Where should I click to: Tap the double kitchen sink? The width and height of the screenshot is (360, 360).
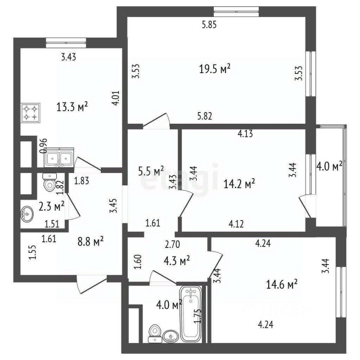pyautogui.click(x=60, y=157)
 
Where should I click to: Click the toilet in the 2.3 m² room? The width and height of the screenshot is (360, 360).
pyautogui.click(x=49, y=182)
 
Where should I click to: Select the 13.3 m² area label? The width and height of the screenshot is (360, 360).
pyautogui.click(x=72, y=107)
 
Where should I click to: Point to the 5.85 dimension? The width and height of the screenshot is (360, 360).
pyautogui.click(x=210, y=25)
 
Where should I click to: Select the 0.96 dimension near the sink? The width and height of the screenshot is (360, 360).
pyautogui.click(x=43, y=145)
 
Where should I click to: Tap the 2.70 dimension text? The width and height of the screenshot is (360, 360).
pyautogui.click(x=172, y=244)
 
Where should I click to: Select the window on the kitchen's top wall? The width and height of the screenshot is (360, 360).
pyautogui.click(x=66, y=43)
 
